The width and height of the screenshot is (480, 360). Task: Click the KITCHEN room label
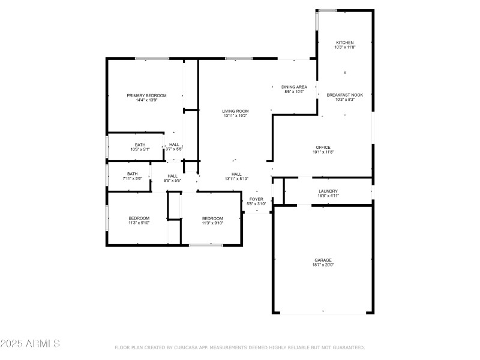pos(344,43)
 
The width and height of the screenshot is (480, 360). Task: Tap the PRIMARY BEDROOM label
pos(146,95)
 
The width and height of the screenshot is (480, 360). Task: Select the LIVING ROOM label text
pos(235,111)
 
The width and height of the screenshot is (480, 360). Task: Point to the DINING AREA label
pos(294,87)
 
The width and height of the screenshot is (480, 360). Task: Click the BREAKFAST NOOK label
pos(344,95)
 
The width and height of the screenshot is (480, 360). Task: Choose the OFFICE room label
pos(323,147)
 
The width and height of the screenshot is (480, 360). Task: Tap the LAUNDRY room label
pos(328,191)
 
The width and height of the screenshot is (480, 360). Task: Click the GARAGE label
pos(323,260)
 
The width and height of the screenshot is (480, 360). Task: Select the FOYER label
pos(256,199)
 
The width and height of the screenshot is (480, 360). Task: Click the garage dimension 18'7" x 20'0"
pos(323,265)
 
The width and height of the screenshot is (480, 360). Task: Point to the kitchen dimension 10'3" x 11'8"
pos(344,47)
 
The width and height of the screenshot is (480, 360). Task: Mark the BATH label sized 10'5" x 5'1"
pos(140,145)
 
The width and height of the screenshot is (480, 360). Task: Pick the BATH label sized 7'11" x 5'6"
pos(132,173)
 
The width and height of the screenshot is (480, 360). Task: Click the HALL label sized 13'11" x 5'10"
pos(236,174)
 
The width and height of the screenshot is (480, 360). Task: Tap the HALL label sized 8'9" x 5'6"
pos(172,176)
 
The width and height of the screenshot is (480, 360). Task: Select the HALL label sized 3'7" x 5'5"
pos(174,145)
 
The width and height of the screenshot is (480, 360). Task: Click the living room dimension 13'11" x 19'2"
pos(235,116)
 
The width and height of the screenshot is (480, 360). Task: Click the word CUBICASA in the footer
pos(187,347)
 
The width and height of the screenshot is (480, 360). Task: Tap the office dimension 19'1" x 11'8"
pos(323,152)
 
